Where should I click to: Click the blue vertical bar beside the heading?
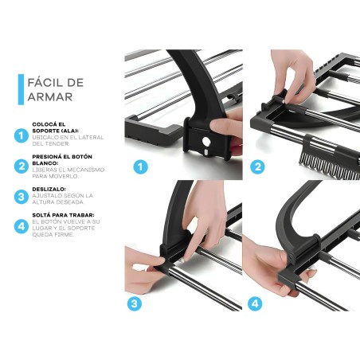tap(21, 89)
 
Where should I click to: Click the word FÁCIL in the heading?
tap(44, 83)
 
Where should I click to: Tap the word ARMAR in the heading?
tap(50, 97)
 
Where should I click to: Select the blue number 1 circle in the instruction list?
tap(22, 135)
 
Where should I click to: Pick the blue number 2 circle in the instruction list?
tap(22, 166)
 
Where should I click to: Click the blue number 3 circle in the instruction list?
tap(22, 197)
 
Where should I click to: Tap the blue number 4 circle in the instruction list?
tap(22, 226)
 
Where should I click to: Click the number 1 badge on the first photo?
tap(140, 166)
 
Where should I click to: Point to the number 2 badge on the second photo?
tap(257, 166)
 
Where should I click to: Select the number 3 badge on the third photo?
tap(135, 303)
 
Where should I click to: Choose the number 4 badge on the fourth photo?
tap(255, 303)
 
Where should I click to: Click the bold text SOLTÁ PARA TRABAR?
tap(63, 215)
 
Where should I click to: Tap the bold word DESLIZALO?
tap(49, 190)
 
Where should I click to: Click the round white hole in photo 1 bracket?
tap(205, 141)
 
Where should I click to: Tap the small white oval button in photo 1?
tap(207, 152)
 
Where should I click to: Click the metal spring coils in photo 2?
tap(329, 166)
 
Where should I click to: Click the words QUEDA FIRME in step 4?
tap(53, 235)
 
